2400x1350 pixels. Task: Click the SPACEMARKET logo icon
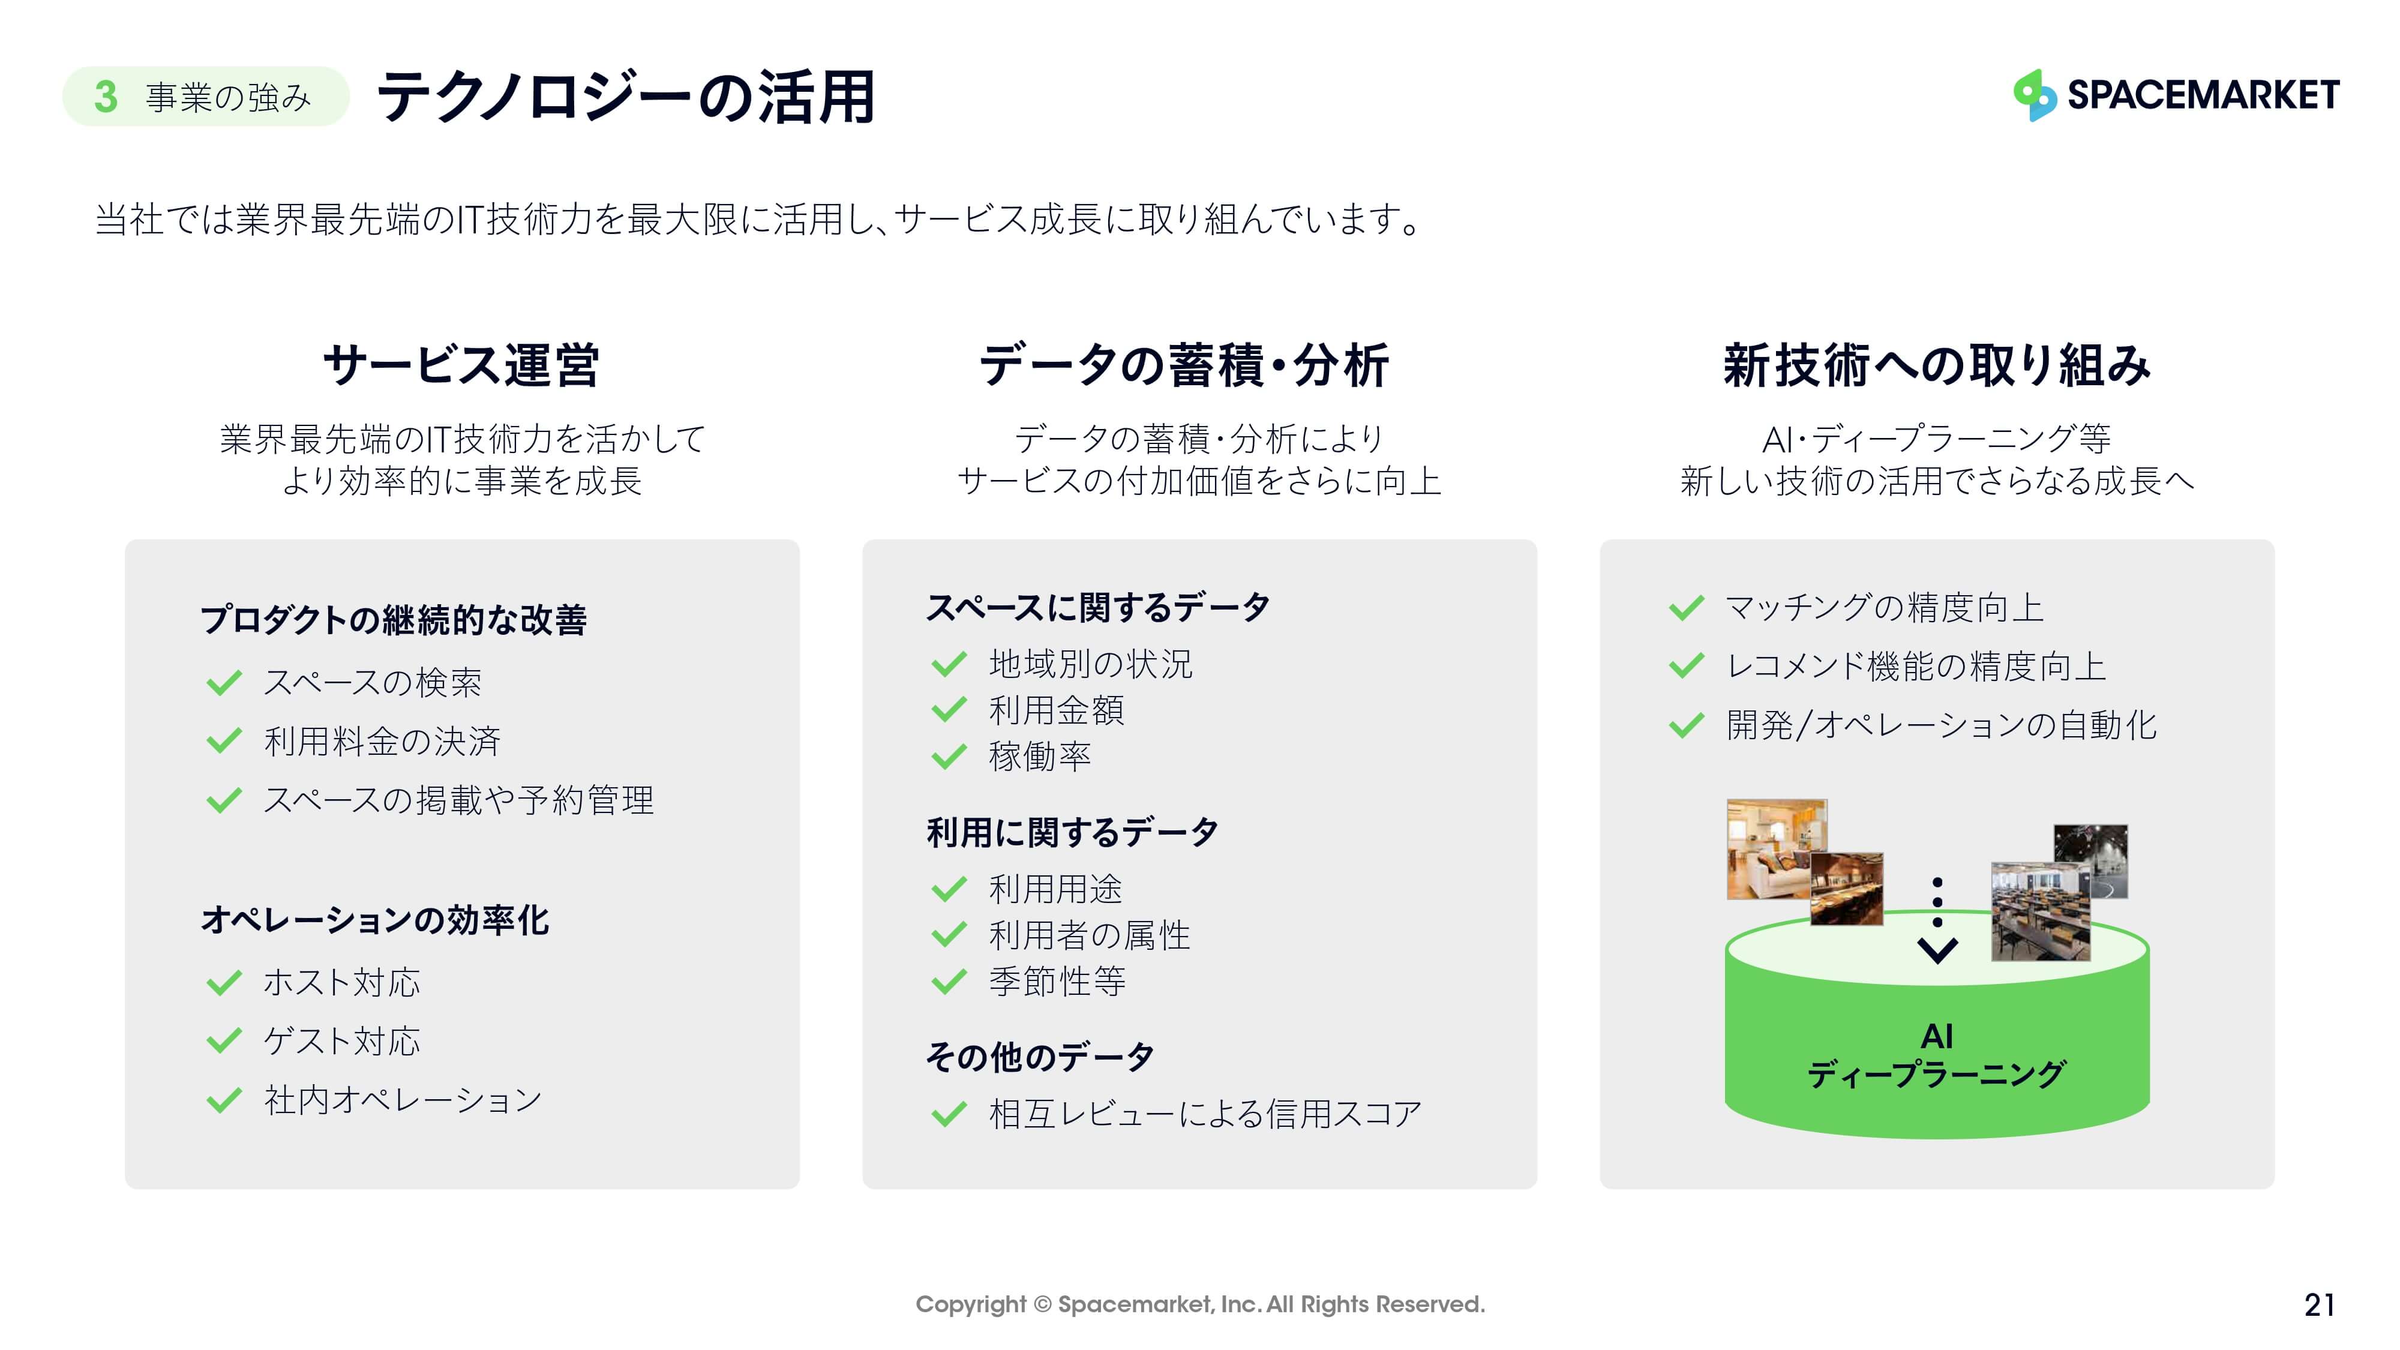[x=2035, y=95]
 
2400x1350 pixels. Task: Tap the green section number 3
[x=105, y=97]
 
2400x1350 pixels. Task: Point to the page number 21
[x=2319, y=1304]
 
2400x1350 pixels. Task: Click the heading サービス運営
[x=461, y=364]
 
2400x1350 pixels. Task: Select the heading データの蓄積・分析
[x=1184, y=364]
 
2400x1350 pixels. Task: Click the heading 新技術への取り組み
[x=1937, y=364]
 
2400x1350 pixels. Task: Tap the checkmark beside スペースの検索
[x=224, y=683]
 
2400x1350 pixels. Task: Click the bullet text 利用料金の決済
[x=382, y=742]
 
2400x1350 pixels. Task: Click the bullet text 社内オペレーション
[x=403, y=1100]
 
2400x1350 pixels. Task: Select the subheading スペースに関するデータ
[x=1097, y=607]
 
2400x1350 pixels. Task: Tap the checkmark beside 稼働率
[x=949, y=757]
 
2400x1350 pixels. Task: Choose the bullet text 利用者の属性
[x=1089, y=935]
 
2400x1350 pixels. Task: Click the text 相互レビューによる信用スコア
[x=1205, y=1114]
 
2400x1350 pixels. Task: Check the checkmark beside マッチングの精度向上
[x=1687, y=608]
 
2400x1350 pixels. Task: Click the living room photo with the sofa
[x=1776, y=848]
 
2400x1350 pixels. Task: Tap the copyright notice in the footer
[x=1200, y=1304]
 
